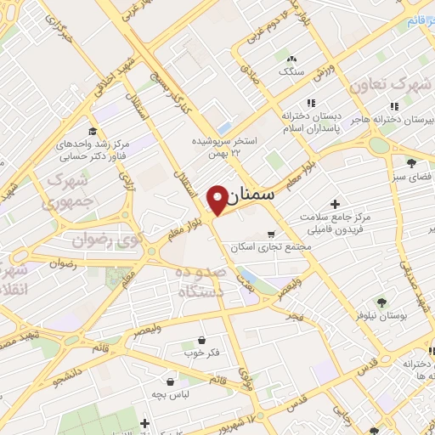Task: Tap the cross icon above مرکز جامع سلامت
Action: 335,205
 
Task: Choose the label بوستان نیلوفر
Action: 380,316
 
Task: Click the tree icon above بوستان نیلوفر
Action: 381,301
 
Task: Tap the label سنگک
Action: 291,71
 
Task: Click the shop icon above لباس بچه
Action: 172,381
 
